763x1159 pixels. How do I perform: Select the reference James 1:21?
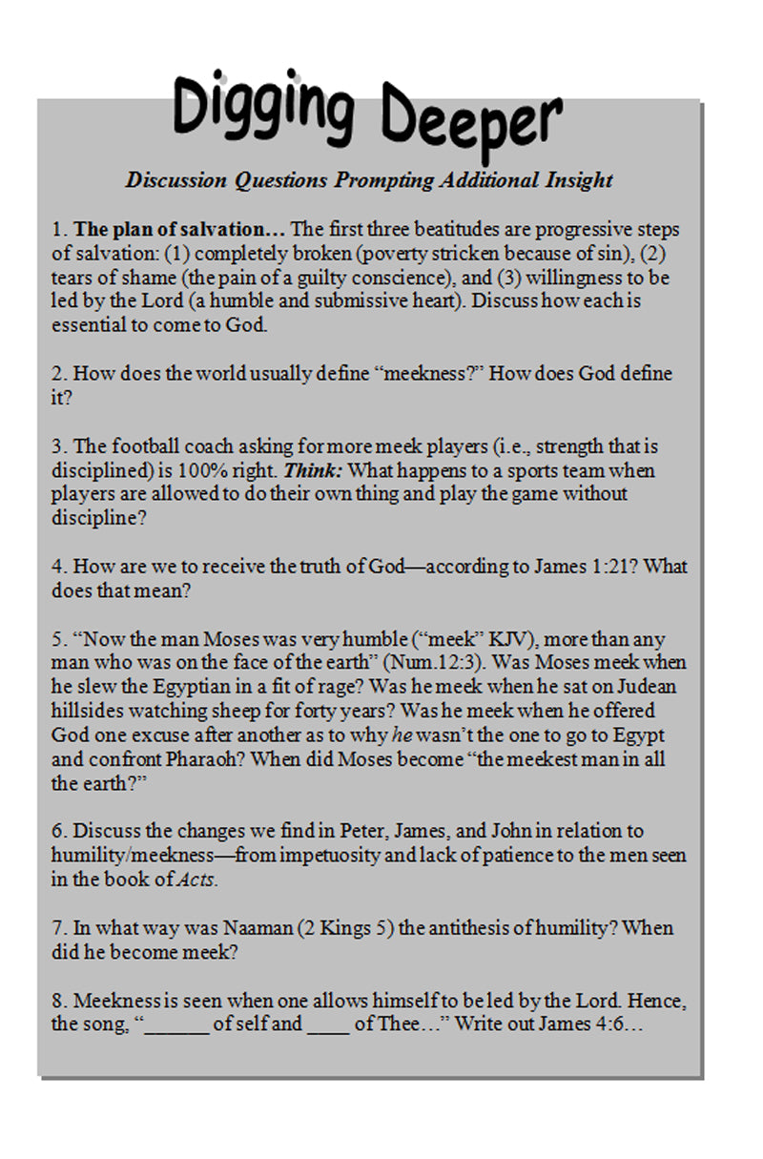[x=583, y=567]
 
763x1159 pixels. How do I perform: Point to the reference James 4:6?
[x=581, y=1024]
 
